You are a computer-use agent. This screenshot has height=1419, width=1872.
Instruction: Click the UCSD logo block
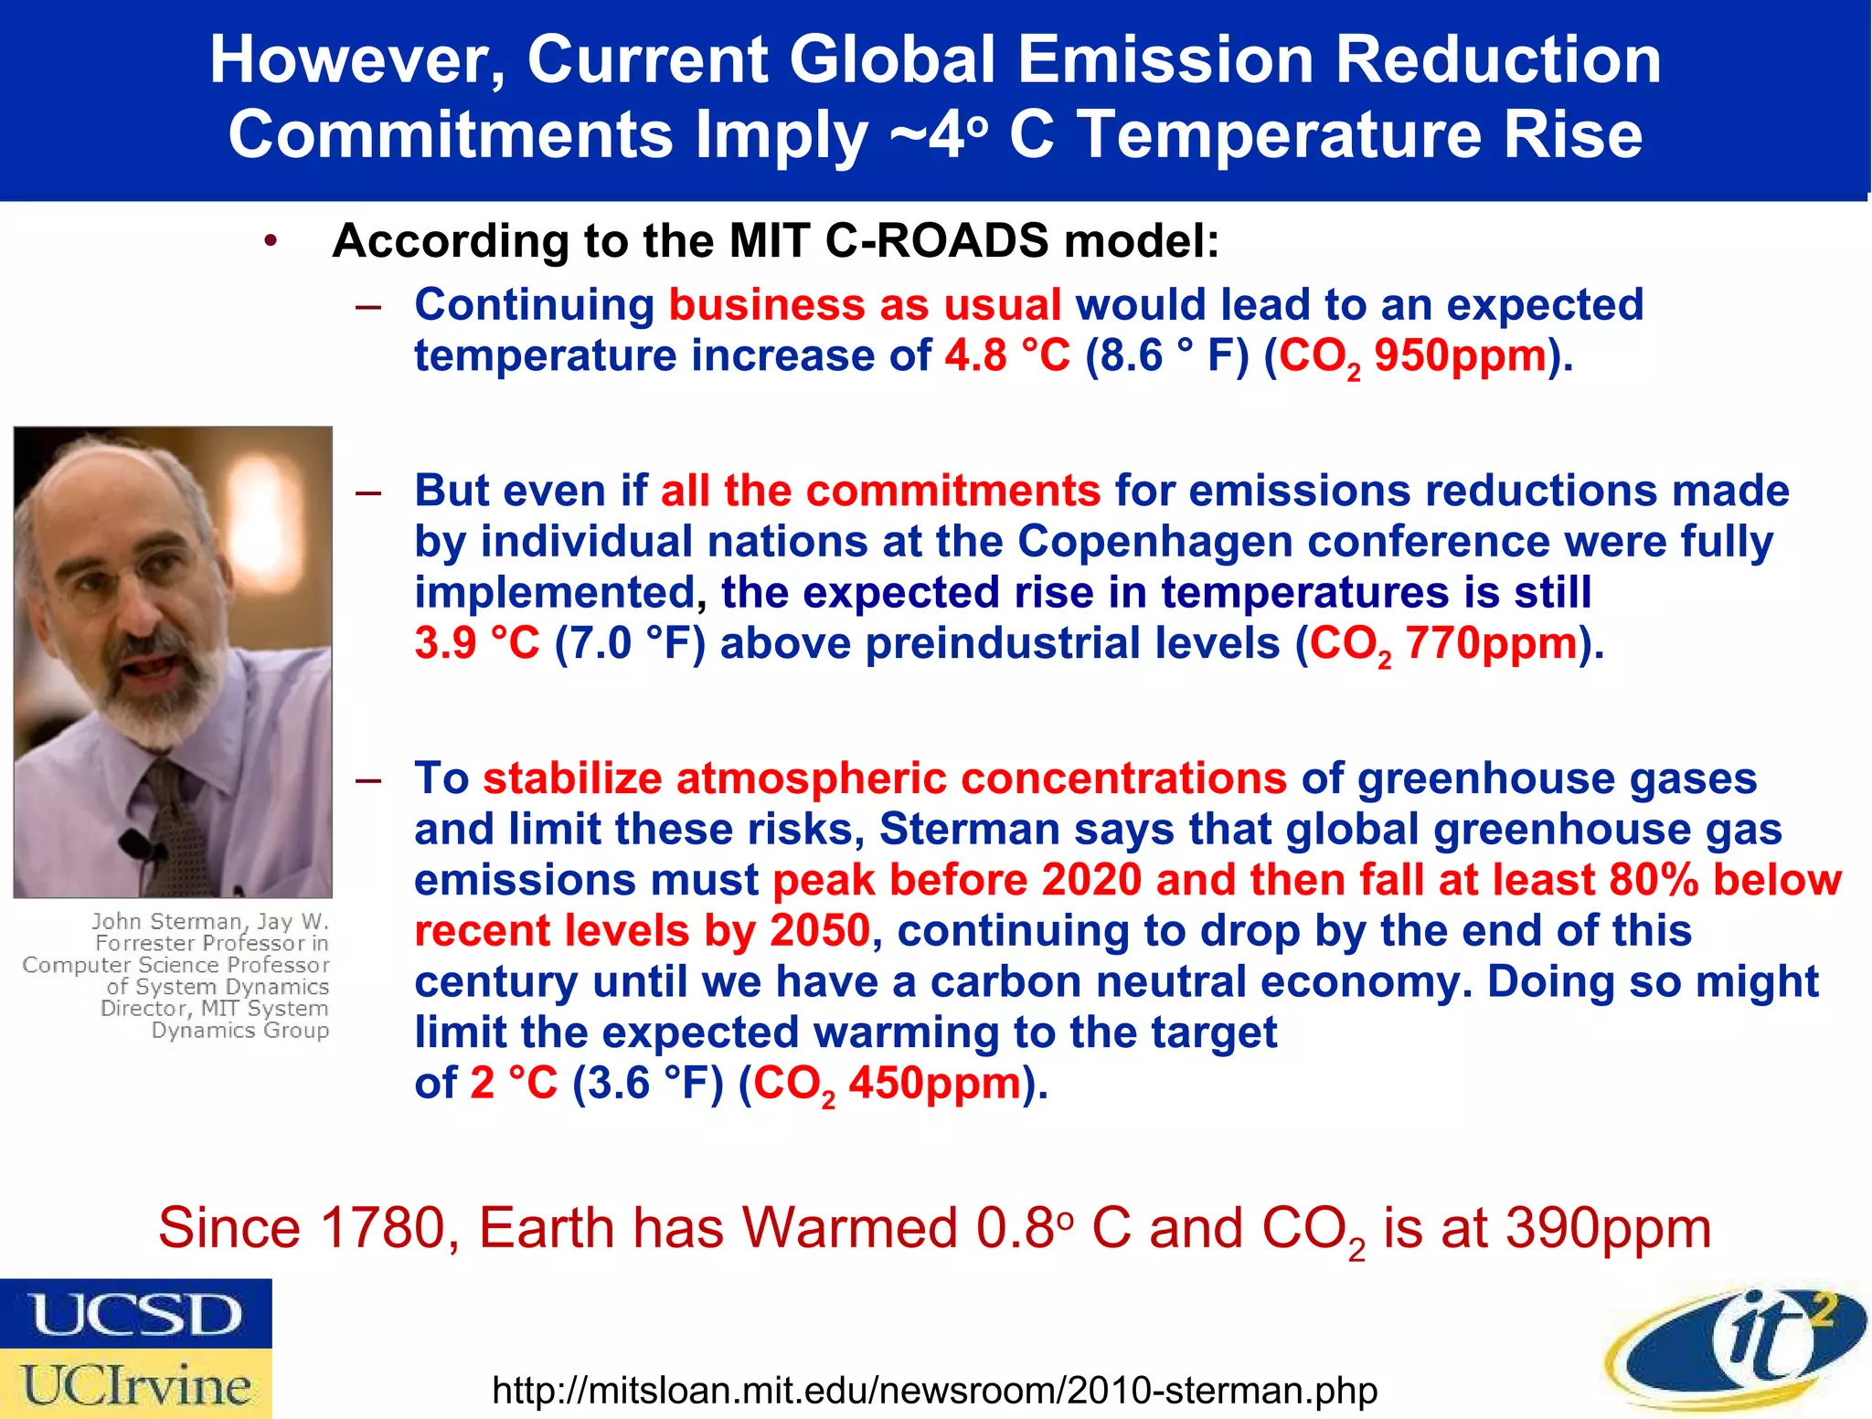[135, 1313]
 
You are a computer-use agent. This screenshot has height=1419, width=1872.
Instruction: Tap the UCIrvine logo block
[135, 1384]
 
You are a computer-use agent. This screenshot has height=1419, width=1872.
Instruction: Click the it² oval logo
[1737, 1348]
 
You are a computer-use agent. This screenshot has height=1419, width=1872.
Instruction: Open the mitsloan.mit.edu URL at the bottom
[934, 1390]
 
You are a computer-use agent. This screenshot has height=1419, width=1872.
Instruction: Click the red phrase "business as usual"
[865, 304]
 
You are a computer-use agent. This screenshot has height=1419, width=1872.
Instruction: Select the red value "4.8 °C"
[1006, 355]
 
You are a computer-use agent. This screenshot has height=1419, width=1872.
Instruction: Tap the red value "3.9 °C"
[476, 642]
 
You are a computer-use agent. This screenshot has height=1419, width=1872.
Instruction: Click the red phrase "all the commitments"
[880, 491]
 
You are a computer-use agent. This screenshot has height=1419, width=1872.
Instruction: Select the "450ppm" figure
[934, 1083]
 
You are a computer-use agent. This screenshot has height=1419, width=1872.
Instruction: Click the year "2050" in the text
[819, 930]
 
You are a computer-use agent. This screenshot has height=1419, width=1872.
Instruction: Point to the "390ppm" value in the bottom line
[1608, 1227]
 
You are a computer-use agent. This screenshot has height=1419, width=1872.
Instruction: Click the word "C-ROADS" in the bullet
[937, 241]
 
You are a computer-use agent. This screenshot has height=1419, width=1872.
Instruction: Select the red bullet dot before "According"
[270, 241]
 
